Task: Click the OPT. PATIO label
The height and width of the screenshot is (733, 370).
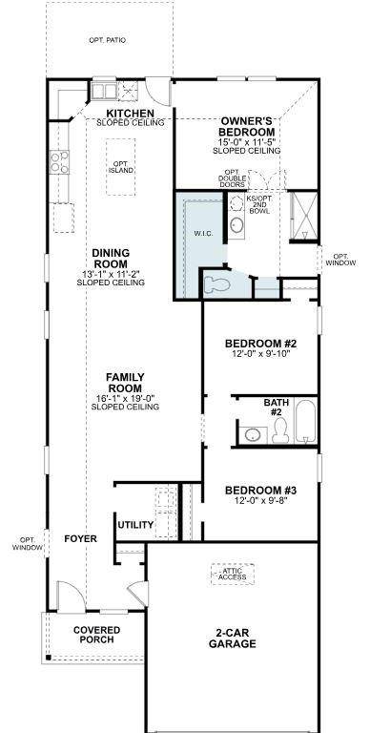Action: (x=107, y=40)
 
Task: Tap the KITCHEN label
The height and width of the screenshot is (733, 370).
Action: (x=131, y=114)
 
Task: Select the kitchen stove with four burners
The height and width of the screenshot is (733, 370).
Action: (x=59, y=161)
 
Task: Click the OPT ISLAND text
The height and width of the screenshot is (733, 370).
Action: (x=121, y=167)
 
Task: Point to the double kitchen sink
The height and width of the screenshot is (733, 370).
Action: (x=104, y=91)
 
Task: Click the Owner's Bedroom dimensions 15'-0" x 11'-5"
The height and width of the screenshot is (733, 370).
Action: (x=246, y=142)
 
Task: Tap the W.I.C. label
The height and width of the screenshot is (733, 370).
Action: (x=204, y=233)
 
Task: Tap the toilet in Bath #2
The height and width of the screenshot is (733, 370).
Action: (x=280, y=430)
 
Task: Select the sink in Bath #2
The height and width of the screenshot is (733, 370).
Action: (x=254, y=435)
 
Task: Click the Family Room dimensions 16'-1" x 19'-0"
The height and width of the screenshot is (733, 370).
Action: (x=125, y=398)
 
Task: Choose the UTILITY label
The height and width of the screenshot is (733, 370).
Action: (x=135, y=525)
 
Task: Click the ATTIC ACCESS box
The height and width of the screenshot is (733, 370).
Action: (x=233, y=574)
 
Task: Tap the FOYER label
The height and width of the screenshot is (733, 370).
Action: (x=80, y=538)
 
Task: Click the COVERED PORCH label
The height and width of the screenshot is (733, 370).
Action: (x=96, y=635)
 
